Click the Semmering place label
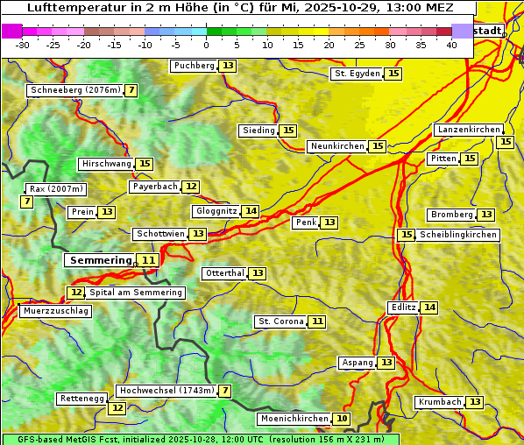100,260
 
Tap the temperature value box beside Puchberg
228,66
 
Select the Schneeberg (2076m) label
74,90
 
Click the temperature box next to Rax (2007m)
27,201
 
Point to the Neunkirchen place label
336,146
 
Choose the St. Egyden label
357,74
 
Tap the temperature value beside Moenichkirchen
342,419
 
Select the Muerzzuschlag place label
55,311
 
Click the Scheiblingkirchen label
458,235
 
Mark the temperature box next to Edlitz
428,307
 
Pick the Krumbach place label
439,402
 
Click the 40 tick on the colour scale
451,45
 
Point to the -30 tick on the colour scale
23,45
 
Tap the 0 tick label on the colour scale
206,45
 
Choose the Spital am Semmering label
136,293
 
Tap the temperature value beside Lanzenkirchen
505,142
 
